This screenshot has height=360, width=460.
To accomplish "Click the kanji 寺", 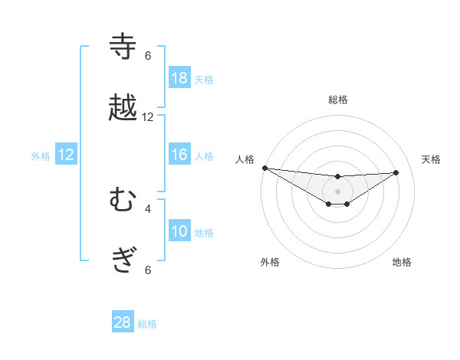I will click(x=123, y=47).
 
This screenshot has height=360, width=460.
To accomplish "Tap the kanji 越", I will click(x=123, y=107).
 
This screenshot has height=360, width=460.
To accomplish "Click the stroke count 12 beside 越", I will click(x=148, y=117).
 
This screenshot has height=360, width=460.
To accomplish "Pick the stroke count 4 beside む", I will click(x=148, y=208).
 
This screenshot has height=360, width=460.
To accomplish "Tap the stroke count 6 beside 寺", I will click(x=148, y=56).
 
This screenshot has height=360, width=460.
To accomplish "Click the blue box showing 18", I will click(x=179, y=78).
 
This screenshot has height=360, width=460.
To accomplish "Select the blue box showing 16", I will click(x=179, y=155).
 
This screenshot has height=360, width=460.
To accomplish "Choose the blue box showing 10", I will click(x=179, y=231).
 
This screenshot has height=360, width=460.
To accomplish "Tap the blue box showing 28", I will click(x=122, y=322).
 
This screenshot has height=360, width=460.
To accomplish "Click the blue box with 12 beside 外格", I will click(x=66, y=155).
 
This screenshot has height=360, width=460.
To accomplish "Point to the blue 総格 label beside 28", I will click(x=147, y=324).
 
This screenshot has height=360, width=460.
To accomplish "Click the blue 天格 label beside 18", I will click(x=204, y=80).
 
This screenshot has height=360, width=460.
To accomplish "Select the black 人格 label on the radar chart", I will click(x=245, y=159).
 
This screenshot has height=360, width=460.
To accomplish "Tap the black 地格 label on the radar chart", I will click(x=402, y=262).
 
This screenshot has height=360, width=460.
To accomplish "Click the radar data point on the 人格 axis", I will click(x=264, y=168).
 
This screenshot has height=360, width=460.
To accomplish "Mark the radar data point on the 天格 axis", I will click(x=396, y=172).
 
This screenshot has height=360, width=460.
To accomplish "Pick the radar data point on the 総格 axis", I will click(x=337, y=177).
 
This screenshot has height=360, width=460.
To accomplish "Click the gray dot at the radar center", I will click(x=337, y=191).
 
